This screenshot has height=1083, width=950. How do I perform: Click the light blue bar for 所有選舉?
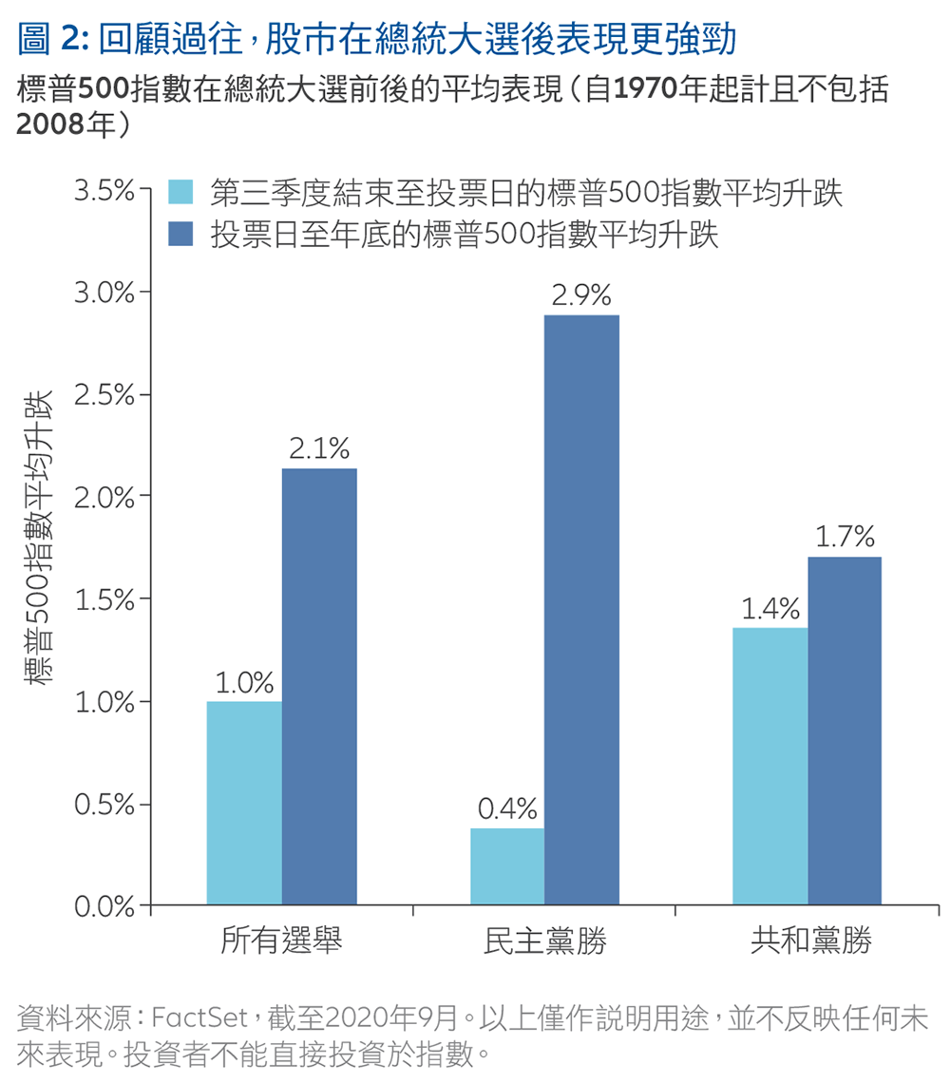pyautogui.click(x=244, y=803)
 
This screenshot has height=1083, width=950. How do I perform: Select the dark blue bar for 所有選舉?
pyautogui.click(x=319, y=686)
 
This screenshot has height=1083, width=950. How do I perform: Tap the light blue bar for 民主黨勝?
pyautogui.click(x=507, y=866)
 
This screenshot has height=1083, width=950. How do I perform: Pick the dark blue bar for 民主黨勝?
pyautogui.click(x=581, y=609)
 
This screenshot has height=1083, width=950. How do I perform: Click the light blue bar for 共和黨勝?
pyautogui.click(x=770, y=766)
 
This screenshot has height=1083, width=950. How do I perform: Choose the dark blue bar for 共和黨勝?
pyautogui.click(x=845, y=731)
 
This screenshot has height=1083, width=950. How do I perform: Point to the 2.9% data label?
pyautogui.click(x=581, y=295)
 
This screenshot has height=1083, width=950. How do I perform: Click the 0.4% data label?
pyautogui.click(x=507, y=809)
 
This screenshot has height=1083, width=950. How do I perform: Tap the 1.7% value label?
pyautogui.click(x=845, y=538)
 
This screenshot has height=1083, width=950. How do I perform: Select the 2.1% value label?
pyautogui.click(x=319, y=449)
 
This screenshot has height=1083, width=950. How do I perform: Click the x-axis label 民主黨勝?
pyautogui.click(x=544, y=941)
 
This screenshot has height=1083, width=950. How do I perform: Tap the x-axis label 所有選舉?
pyautogui.click(x=281, y=941)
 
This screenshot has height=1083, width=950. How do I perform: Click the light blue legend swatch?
pyautogui.click(x=180, y=192)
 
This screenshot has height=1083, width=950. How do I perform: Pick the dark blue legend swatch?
pyautogui.click(x=180, y=233)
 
